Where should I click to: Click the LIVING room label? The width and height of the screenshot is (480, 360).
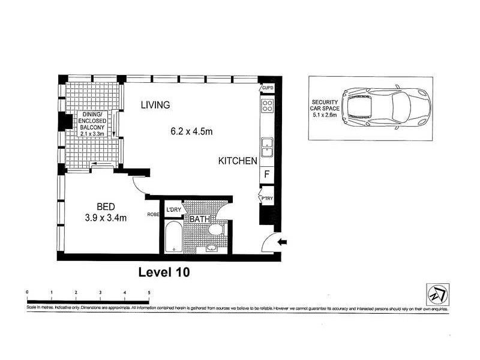coord(155,105)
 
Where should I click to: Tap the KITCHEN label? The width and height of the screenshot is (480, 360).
coord(238,161)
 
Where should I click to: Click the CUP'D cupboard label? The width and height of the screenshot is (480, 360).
coord(267,89)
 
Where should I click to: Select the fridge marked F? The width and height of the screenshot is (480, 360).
coord(266,175)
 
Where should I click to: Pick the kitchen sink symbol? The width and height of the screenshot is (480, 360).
coord(266,146)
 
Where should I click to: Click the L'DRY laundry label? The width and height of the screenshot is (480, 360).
coord(174,209)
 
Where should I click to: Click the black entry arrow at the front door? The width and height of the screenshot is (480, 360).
coord(283,242)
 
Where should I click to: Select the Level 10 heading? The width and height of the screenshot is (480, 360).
coord(164,272)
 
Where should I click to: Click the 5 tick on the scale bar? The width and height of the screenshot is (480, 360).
coord(149,292)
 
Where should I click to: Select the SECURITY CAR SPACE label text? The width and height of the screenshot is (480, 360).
coord(324,106)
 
